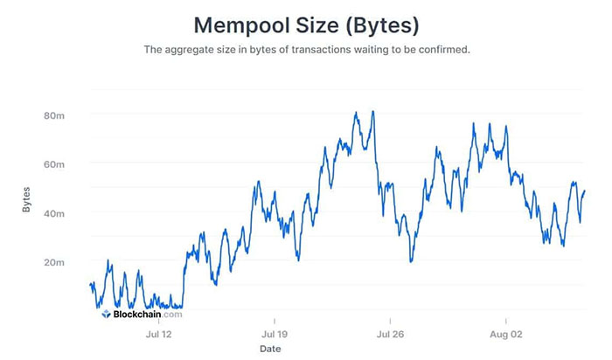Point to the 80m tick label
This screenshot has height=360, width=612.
point(54,115)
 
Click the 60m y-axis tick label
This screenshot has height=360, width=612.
point(54,164)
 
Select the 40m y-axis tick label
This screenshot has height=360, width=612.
point(54,213)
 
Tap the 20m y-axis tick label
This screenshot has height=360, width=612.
point(54,262)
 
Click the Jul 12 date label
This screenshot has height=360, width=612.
point(158,333)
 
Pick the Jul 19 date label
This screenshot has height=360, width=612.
point(275,333)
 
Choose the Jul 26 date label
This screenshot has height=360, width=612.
point(390,333)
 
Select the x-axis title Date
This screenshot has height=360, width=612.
point(270,349)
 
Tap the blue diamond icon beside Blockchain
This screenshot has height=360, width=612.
point(106,314)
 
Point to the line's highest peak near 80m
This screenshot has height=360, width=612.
point(373,112)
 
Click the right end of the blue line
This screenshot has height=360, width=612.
point(584,191)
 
